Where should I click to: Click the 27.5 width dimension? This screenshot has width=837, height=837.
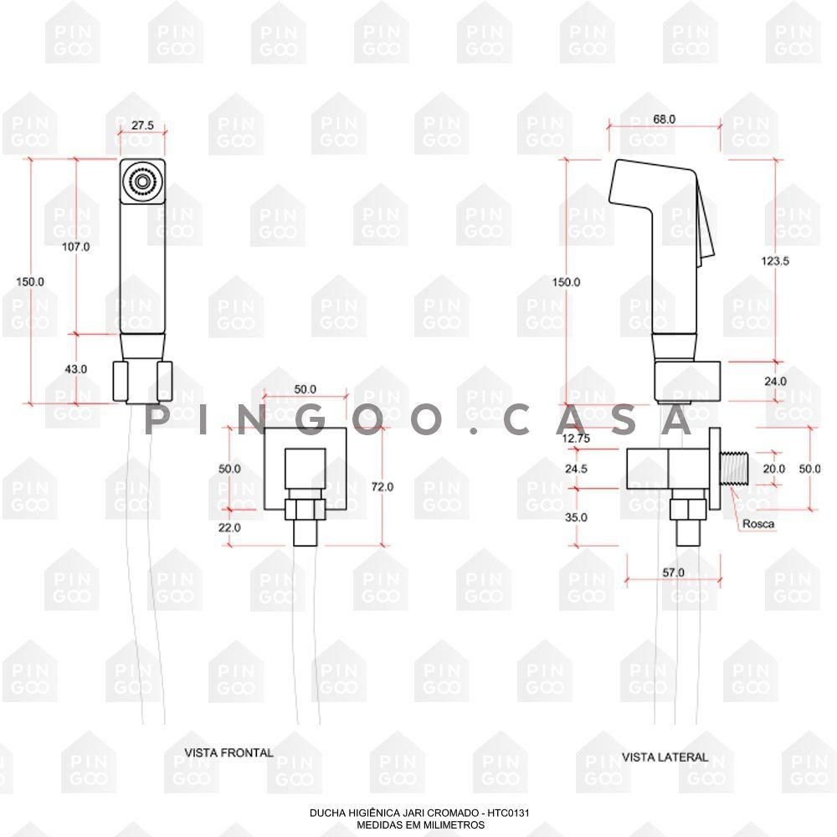pos(142,125)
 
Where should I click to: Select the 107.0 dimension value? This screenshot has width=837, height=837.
pos(76,247)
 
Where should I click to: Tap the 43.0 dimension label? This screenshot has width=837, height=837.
pos(76,369)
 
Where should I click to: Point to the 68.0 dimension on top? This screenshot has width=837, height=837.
pos(664,119)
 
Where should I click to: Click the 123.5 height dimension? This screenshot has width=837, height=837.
pos(775,261)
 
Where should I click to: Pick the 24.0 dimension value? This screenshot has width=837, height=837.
pos(775,381)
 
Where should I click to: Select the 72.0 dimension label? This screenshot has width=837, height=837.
pos(383,487)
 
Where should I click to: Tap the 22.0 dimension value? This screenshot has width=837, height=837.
pos(229,527)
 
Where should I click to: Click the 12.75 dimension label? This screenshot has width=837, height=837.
pos(576,439)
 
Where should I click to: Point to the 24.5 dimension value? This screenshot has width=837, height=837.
pos(576,469)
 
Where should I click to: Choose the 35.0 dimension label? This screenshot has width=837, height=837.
pos(576,517)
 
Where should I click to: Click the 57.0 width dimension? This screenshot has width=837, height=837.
pos(673,573)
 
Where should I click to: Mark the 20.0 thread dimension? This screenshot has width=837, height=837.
pos(773,469)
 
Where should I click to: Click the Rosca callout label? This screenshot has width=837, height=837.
pos(758,524)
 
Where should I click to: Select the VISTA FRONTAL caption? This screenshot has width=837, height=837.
pos(229,752)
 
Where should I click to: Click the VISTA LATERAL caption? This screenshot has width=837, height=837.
pos(665,757)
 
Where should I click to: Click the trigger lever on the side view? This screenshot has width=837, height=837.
pos(706,218)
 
